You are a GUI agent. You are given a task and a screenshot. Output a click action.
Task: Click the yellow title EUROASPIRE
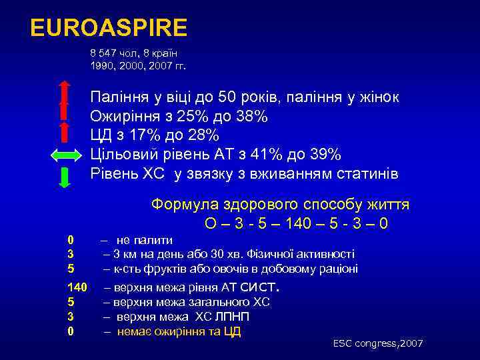(109, 29)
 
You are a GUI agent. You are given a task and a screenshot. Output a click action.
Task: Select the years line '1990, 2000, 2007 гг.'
(138, 66)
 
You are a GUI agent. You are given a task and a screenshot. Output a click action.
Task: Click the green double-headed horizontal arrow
(65, 155)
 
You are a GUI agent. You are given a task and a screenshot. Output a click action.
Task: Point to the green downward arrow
(65, 177)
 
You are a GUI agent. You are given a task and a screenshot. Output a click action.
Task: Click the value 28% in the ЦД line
(201, 136)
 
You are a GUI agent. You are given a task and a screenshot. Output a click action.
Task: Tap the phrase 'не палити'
(145, 240)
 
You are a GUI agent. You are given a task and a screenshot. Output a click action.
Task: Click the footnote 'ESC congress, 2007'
(378, 343)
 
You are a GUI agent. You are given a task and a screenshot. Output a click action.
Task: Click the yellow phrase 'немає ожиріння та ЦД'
(179, 331)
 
